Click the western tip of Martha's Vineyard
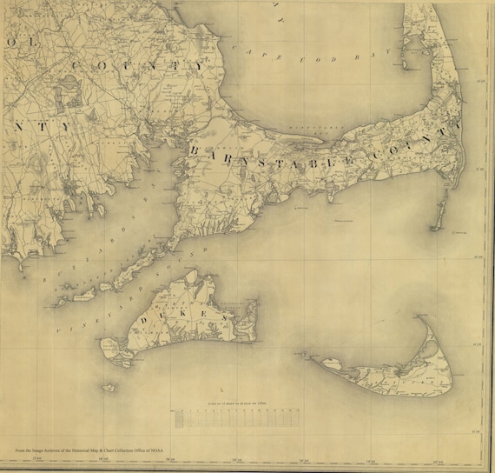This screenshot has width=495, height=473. [109, 344]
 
